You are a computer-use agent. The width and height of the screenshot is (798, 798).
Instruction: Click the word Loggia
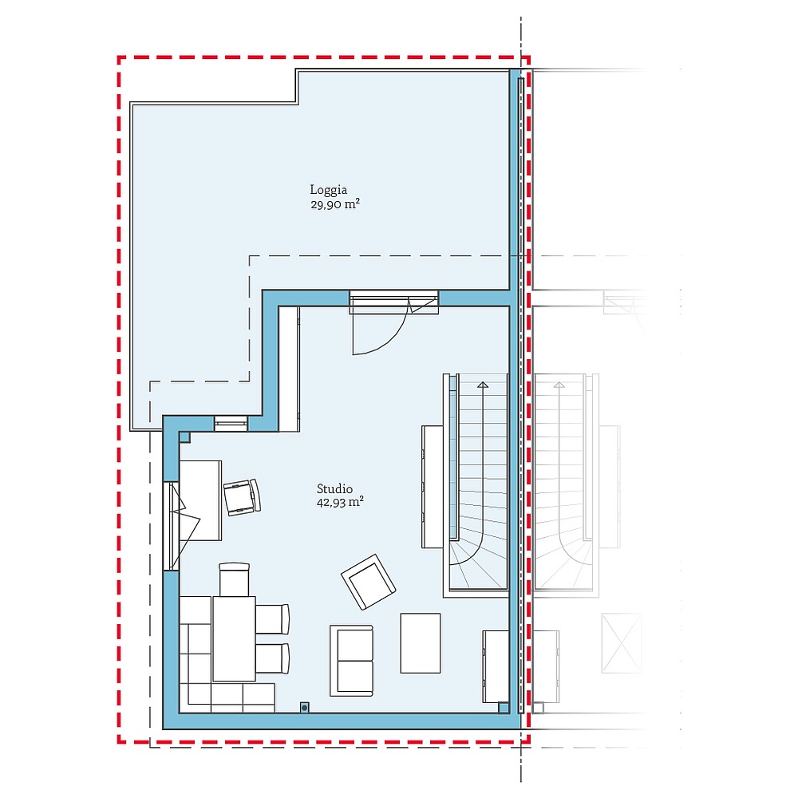328,190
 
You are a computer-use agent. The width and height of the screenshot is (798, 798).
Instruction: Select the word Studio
334,489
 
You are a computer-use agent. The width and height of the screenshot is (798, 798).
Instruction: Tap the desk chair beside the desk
242,496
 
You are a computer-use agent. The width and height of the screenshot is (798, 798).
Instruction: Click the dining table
234,638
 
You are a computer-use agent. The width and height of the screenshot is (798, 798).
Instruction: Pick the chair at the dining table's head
235,579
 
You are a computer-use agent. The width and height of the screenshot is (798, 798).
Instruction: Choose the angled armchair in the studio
368,581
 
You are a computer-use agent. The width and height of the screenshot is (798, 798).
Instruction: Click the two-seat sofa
352,659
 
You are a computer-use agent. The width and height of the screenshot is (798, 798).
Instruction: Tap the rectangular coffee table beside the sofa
420,642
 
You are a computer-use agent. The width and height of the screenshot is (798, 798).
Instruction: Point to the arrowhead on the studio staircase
482,385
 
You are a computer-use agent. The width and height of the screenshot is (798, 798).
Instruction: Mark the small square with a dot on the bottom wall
304,706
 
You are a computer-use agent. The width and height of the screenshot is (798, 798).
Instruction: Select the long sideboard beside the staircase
432,486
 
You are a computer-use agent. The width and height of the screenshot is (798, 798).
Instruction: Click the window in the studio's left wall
170,525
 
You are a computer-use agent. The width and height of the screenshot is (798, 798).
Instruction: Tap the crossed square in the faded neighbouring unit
622,642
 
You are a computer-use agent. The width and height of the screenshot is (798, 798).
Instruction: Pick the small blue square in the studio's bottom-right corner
504,706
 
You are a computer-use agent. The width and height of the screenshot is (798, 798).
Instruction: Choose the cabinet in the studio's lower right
496,666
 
